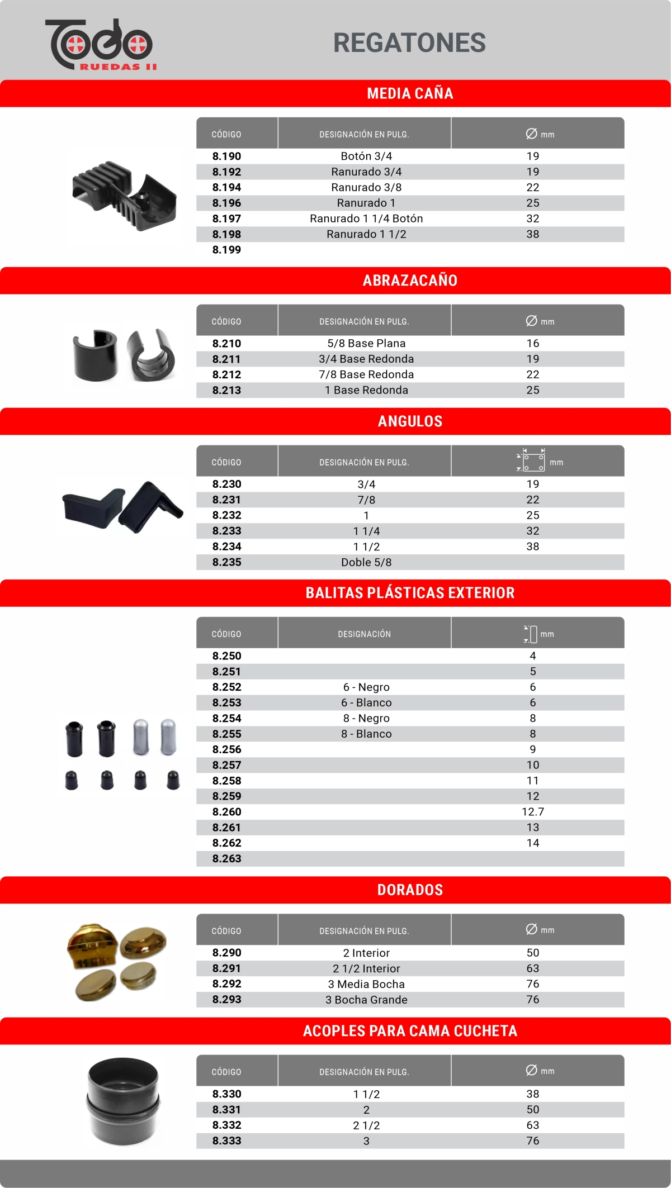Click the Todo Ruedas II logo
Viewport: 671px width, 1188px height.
(101, 45)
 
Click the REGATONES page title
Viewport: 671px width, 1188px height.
(409, 43)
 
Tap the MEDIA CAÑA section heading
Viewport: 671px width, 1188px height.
(410, 93)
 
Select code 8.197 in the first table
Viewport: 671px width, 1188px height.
(226, 218)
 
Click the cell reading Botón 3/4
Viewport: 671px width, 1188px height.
(366, 156)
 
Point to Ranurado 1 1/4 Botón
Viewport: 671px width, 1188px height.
(366, 218)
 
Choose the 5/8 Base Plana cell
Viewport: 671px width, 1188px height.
(366, 343)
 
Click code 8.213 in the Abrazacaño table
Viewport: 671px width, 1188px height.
(226, 390)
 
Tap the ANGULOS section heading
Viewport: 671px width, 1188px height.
(410, 421)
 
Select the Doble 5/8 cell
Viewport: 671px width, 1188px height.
(366, 562)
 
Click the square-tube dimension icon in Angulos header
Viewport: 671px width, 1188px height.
(531, 460)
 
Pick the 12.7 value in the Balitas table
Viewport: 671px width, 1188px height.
(532, 811)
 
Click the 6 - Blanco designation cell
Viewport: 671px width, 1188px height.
(366, 702)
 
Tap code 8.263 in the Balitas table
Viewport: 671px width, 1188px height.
(226, 858)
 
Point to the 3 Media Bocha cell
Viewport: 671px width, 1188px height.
(366, 984)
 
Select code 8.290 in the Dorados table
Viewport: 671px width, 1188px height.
(226, 953)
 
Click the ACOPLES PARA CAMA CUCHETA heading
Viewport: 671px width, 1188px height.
(410, 1031)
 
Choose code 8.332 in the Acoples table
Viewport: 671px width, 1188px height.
(226, 1125)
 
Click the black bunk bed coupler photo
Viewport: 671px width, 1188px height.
(123, 1101)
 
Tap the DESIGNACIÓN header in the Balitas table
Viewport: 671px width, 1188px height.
(364, 634)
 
